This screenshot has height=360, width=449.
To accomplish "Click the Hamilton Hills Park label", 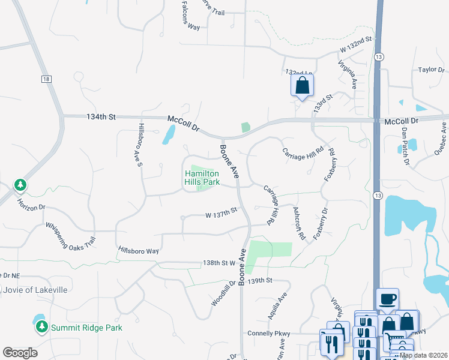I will pos(202,178).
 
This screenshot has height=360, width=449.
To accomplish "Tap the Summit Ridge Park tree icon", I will pos(41,327).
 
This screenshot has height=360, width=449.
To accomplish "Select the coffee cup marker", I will pos(387,298).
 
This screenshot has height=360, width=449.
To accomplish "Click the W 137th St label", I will pos(221,212).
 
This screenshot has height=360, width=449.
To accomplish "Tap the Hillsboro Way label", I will pos(138,250).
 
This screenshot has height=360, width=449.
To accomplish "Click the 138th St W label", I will pos(219,263).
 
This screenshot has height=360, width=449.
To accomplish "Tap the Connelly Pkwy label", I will pos(268,333).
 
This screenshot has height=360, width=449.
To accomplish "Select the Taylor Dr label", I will pos(430,70).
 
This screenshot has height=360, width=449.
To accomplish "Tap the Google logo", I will pos(20,353).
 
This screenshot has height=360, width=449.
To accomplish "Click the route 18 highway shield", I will pos(46,79).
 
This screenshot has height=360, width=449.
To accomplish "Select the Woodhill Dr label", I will pos(223,293).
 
